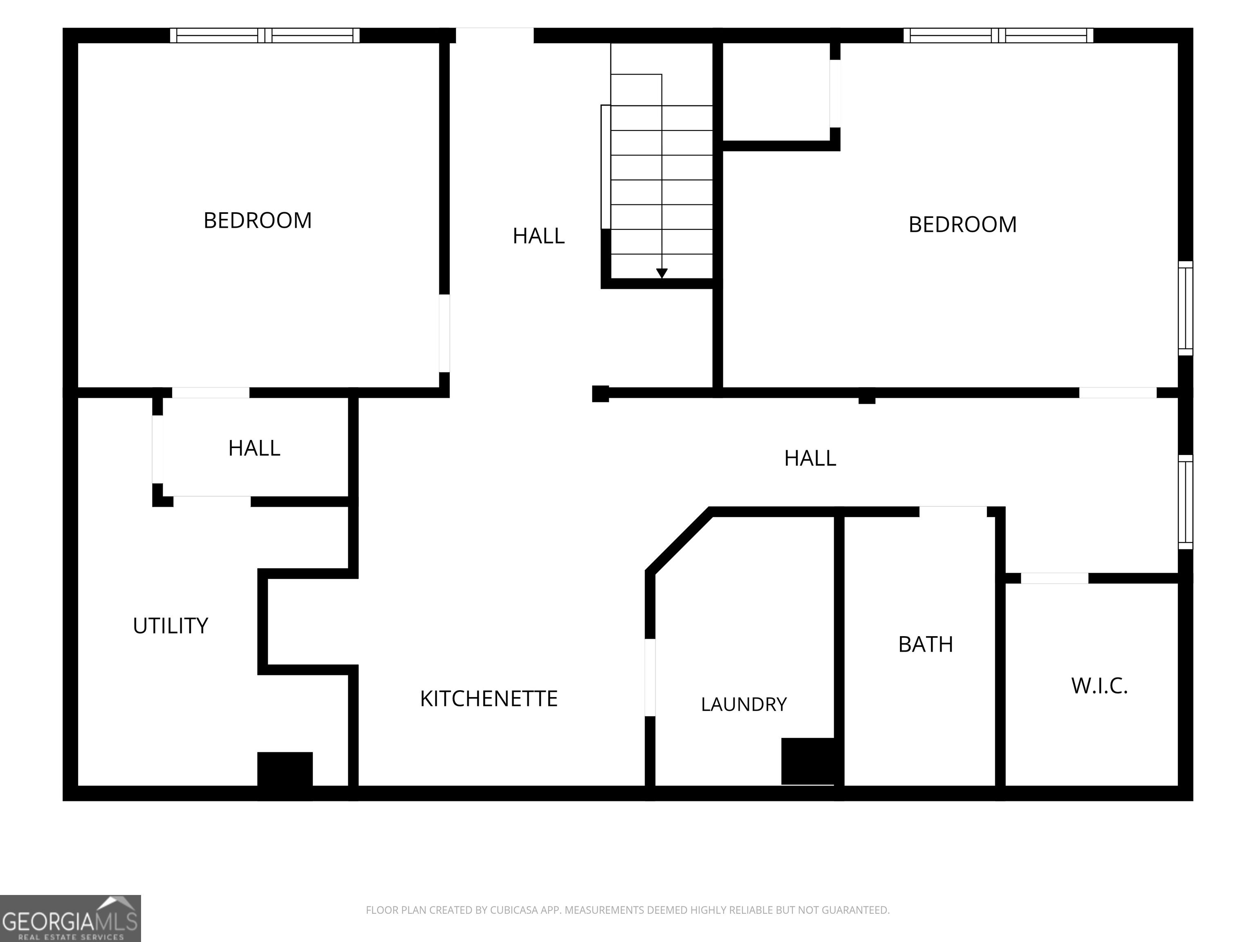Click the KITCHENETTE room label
tap(489, 698)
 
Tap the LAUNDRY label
tap(744, 704)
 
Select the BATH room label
tap(926, 644)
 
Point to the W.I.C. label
tap(1099, 686)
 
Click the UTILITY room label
tap(170, 626)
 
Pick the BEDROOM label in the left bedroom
tap(258, 220)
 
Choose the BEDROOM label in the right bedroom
tap(962, 224)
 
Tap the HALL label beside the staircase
tap(538, 235)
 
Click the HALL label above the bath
tap(810, 458)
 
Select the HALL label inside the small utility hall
tap(254, 449)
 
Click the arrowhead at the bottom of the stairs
tap(662, 274)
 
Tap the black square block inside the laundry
tap(808, 761)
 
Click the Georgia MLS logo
tap(70, 918)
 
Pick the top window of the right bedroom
tap(998, 35)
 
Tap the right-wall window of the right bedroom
tap(1186, 308)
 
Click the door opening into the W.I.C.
tap(1054, 578)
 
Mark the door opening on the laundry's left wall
tap(650, 677)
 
